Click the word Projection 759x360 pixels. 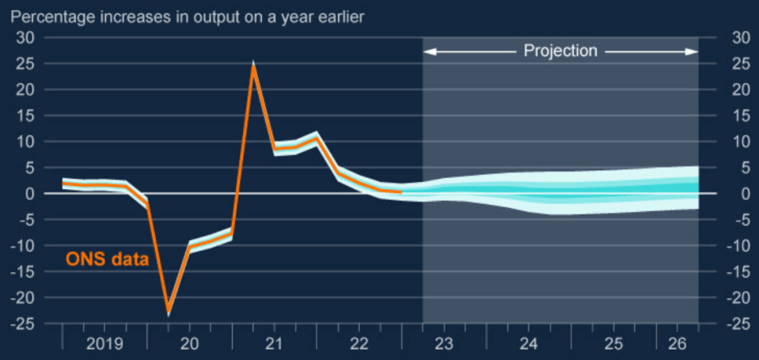(560, 51)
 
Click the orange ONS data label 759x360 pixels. (107, 260)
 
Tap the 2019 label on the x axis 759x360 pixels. (104, 344)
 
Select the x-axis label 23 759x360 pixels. (443, 344)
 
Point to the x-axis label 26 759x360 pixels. (677, 344)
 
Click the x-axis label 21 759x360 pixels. (274, 344)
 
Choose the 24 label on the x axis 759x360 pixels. (529, 344)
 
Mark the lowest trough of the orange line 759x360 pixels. (169, 311)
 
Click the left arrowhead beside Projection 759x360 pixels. (428, 51)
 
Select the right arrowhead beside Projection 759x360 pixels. (693, 51)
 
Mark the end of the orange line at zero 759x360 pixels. (400, 192)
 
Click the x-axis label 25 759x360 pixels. (613, 344)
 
